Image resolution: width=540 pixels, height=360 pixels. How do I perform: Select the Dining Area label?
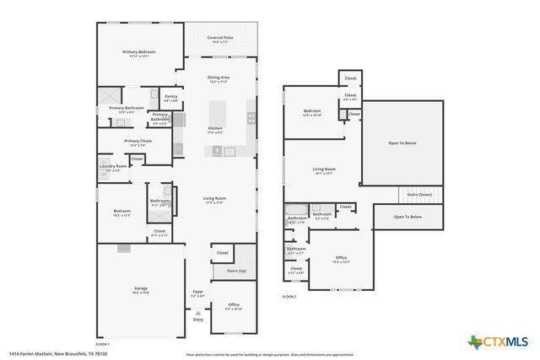coord(219,78)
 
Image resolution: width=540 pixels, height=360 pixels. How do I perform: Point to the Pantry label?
coord(170,97)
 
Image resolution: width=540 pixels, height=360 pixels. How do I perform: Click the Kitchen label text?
coord(215,129)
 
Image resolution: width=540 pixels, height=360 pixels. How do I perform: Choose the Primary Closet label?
coord(138,141)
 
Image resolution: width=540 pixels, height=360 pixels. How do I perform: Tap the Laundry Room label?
coord(113,167)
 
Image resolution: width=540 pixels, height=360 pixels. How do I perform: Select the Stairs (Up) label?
coord(236,271)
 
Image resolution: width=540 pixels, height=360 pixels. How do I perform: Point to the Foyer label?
coord(197,293)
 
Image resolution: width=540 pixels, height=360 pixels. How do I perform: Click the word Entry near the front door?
coord(198,320)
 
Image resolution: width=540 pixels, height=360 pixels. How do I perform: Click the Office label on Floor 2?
coord(341,257)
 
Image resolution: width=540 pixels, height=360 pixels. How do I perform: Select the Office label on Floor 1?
coord(233,304)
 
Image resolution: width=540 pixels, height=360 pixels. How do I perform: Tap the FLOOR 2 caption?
coord(289,296)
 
